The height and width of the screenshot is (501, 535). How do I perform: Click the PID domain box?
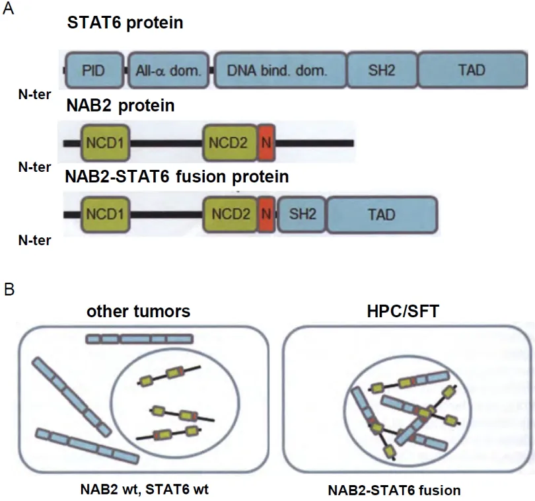point(94,69)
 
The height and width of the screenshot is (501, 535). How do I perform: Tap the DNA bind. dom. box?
point(278,69)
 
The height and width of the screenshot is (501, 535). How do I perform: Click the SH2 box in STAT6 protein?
point(382,69)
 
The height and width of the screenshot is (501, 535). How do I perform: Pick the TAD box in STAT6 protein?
point(471,69)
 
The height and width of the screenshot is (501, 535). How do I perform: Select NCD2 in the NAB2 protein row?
point(229,142)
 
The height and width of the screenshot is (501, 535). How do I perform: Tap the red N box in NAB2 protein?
point(266,142)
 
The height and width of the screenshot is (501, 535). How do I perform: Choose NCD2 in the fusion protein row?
point(229,214)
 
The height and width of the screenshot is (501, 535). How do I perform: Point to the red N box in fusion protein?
point(266,214)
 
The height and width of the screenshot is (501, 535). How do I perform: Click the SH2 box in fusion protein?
point(302,214)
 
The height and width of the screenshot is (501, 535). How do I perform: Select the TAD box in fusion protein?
point(382,214)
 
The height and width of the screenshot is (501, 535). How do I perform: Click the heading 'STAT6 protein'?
point(125,24)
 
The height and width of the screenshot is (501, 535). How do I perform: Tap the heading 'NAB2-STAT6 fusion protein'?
point(176,176)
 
